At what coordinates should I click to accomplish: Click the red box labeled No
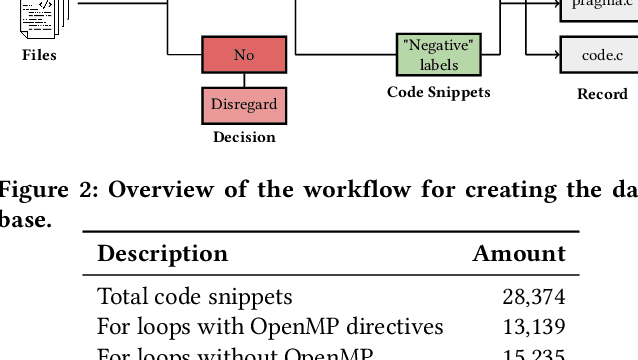click(244, 55)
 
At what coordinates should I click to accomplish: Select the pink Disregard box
click(244, 104)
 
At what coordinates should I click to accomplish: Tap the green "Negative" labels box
click(439, 55)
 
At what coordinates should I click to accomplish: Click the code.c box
click(602, 55)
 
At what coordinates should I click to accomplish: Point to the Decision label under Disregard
click(244, 137)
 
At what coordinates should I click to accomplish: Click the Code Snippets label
click(439, 92)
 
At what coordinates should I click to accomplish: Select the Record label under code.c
click(602, 94)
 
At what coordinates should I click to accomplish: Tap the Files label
click(40, 55)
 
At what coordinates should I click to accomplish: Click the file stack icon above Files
click(42, 16)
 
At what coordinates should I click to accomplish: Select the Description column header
click(162, 254)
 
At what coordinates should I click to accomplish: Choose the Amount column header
click(519, 254)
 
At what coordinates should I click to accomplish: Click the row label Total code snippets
click(195, 297)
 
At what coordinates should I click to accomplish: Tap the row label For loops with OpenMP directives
click(270, 327)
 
